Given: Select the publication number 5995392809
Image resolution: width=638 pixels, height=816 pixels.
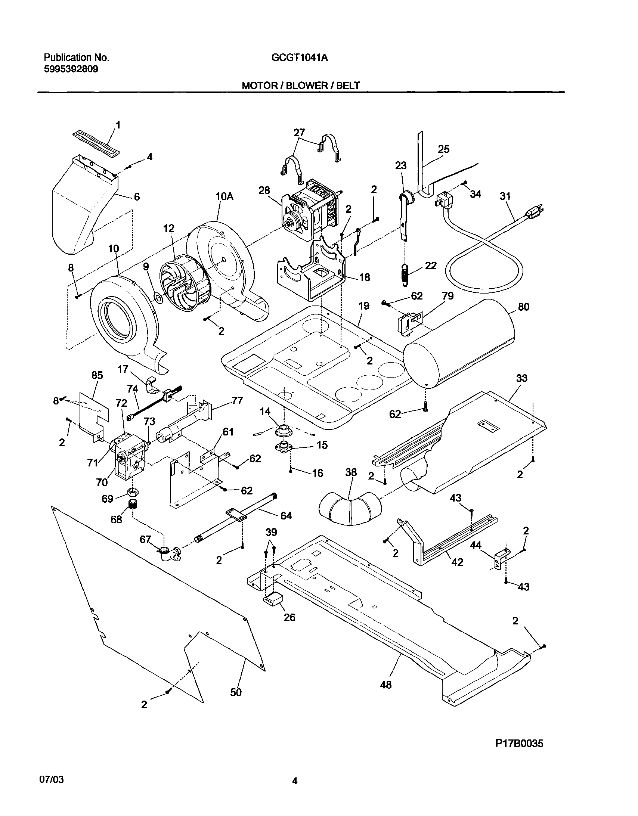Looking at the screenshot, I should coord(71,69).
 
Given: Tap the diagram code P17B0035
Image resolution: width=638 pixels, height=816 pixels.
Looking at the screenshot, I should coord(519,743).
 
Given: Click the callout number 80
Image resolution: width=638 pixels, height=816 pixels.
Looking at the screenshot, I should coord(523,307).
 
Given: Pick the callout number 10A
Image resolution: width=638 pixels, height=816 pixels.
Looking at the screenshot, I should coord(224,196).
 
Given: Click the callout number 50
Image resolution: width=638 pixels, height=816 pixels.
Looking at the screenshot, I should coord(236,692).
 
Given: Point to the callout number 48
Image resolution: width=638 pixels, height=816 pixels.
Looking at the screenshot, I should coord(386,685).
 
